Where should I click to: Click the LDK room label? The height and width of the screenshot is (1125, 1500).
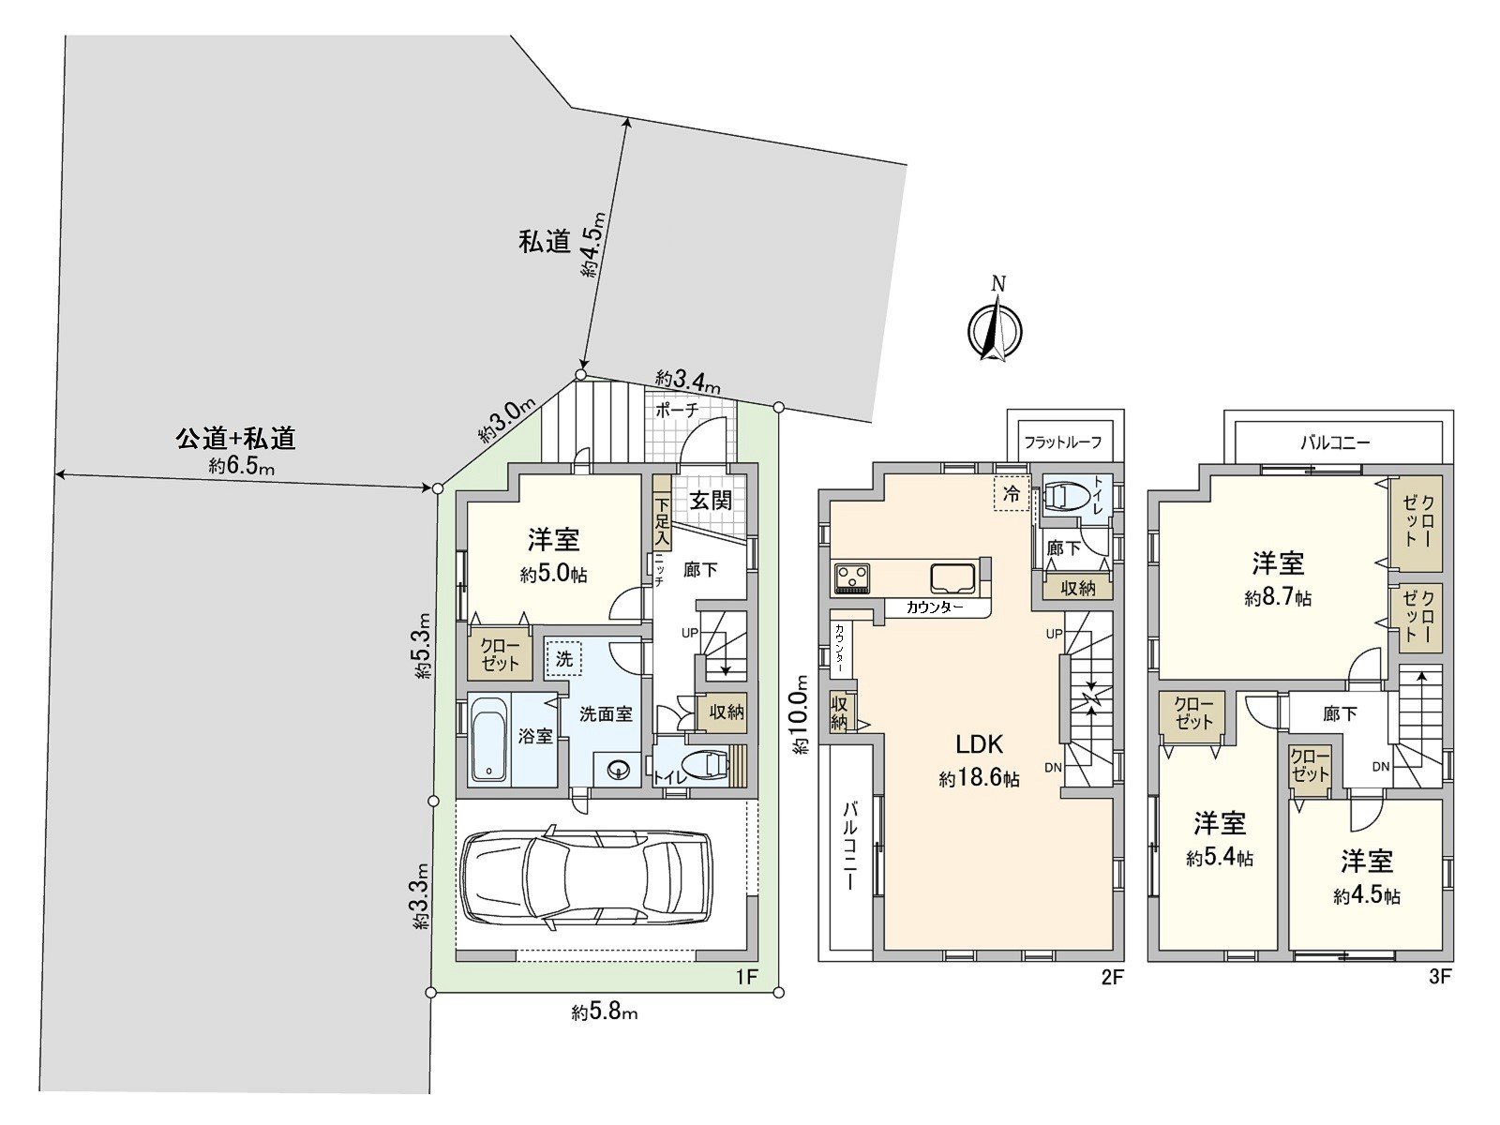click(979, 744)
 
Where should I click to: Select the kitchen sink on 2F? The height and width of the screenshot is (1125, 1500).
click(955, 577)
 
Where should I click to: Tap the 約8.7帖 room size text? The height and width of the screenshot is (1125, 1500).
click(1278, 598)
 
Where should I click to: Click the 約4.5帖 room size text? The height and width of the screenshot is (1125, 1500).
click(1366, 896)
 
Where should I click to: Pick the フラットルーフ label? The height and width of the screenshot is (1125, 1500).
click(1062, 442)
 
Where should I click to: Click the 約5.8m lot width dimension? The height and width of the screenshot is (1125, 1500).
click(605, 1012)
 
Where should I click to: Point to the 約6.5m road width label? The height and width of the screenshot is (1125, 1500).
click(241, 466)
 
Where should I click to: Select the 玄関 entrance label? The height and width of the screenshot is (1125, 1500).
click(711, 501)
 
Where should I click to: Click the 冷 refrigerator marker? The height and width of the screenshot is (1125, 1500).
click(1011, 494)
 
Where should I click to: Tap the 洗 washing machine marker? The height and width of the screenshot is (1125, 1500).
click(563, 658)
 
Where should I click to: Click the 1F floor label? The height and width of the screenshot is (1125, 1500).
click(745, 978)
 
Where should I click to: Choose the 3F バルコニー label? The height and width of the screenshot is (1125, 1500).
click(1335, 442)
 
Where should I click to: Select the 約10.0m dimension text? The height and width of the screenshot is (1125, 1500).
click(800, 715)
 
